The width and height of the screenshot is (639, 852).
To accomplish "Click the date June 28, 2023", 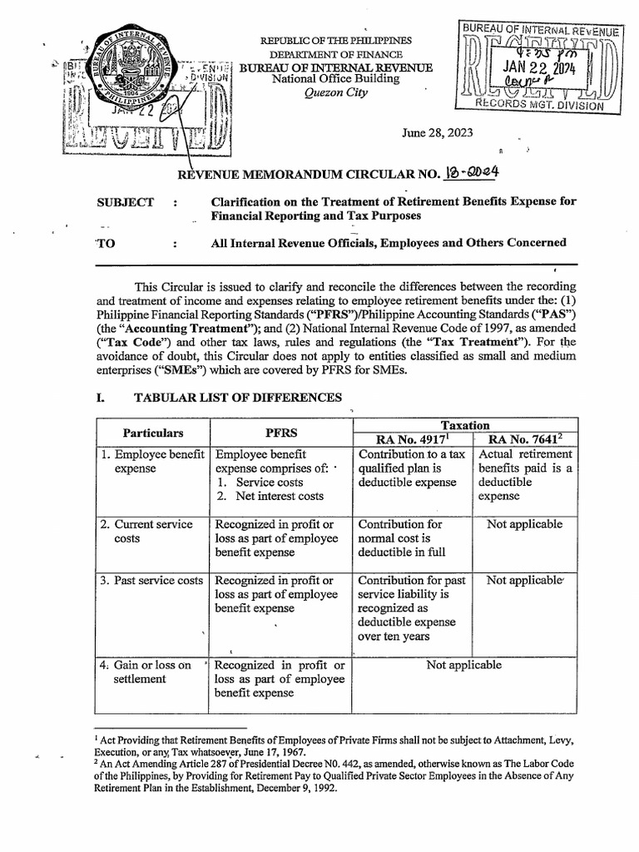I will point(433,132).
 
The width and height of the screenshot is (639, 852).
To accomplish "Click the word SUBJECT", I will point(126,202).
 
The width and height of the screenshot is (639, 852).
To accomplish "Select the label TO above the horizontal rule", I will point(106,243).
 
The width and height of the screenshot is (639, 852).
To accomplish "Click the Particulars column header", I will point(153,433).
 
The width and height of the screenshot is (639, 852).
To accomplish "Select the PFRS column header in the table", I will point(282,433).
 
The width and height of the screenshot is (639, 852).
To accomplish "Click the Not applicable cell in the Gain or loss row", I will point(463,665).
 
